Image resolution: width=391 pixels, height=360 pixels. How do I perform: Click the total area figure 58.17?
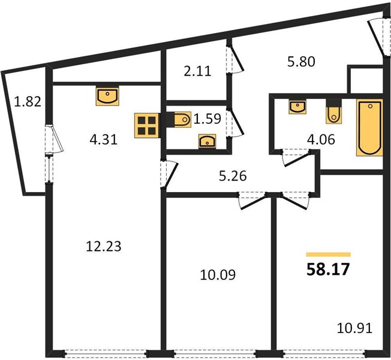click(328, 269)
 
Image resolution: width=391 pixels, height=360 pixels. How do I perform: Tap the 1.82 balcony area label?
click(28, 102)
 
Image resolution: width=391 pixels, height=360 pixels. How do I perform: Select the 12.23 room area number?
click(104, 246)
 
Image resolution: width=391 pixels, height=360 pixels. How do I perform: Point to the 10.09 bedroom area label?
click(218, 275)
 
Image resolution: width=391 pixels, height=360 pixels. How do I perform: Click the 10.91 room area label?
click(354, 328)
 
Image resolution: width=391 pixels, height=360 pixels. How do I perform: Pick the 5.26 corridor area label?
click(233, 176)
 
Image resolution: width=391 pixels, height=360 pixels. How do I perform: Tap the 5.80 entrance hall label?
click(301, 62)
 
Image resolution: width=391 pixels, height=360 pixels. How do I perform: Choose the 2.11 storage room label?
click(197, 71)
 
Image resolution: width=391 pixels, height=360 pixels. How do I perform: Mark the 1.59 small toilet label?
click(207, 119)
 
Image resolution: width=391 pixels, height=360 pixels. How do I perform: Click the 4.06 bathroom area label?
click(321, 140)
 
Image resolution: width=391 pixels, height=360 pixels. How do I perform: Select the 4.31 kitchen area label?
click(104, 140)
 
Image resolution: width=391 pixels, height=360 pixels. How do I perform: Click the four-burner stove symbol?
click(146, 125)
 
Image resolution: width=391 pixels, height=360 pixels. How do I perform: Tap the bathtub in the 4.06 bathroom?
click(369, 127)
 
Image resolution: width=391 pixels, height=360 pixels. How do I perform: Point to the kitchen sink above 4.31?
click(107, 96)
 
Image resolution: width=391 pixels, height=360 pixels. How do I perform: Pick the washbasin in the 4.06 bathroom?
click(297, 107)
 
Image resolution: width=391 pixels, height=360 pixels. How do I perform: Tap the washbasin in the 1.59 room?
click(207, 141)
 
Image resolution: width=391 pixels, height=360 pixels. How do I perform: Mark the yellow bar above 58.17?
click(329, 254)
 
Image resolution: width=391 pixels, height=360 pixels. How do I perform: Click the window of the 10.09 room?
click(215, 353)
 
